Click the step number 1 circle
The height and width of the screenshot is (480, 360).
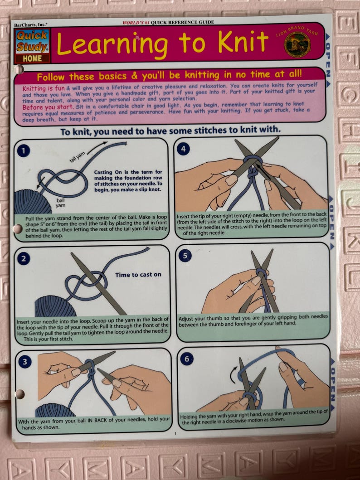coord(24,150)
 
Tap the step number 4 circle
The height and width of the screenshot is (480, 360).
coord(183,149)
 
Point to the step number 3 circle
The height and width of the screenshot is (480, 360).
coord(24,362)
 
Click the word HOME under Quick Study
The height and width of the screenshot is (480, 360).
coord(32,58)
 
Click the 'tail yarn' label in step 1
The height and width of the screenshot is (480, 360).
coord(77,157)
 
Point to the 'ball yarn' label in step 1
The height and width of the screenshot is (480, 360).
coord(61,203)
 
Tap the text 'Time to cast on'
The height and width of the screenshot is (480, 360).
coord(138,275)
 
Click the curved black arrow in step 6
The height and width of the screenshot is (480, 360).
coord(233,374)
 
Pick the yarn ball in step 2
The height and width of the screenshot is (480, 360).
coord(55,305)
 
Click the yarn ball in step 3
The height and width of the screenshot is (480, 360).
coord(55,410)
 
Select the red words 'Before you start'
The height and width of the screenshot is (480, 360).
coord(48,107)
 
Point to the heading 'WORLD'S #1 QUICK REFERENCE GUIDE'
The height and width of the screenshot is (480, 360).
coord(168,22)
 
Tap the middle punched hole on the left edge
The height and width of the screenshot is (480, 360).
coord(17,229)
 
